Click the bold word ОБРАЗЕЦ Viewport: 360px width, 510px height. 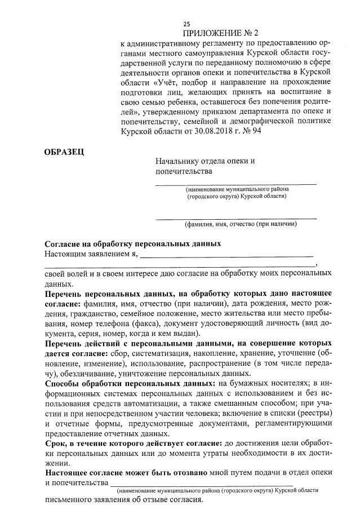(x=64, y=152)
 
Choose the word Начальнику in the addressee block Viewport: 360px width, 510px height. (x=179, y=161)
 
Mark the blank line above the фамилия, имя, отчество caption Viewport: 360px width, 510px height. (x=236, y=217)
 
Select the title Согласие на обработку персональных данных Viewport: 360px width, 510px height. (x=132, y=244)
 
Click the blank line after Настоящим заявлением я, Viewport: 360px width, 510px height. (x=225, y=255)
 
